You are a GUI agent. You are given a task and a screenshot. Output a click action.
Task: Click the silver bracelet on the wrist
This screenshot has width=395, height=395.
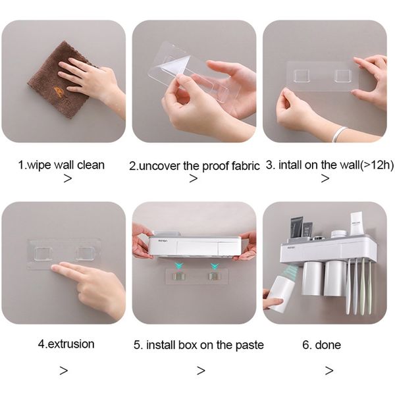(339, 134)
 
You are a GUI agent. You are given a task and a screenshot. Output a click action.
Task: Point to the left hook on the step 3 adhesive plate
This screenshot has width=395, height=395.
(302, 76)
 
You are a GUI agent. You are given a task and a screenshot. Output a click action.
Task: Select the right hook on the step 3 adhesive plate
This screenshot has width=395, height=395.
(342, 76)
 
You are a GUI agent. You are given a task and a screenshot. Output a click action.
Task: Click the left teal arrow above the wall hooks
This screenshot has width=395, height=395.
(179, 265)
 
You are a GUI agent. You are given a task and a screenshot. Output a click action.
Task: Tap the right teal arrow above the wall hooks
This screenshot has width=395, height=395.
(215, 266)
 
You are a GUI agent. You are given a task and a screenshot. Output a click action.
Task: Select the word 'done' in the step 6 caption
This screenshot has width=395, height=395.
(328, 345)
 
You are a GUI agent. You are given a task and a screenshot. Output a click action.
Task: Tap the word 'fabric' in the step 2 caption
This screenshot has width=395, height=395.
(246, 166)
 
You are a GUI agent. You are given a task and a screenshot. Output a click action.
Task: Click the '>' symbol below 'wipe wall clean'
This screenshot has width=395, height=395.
(68, 178)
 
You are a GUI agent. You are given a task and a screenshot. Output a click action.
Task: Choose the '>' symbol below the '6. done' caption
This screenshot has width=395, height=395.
(329, 370)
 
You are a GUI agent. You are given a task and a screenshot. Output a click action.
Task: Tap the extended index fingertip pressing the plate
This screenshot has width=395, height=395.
(54, 269)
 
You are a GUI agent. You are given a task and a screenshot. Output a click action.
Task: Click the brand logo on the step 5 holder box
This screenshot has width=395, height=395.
(163, 241)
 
